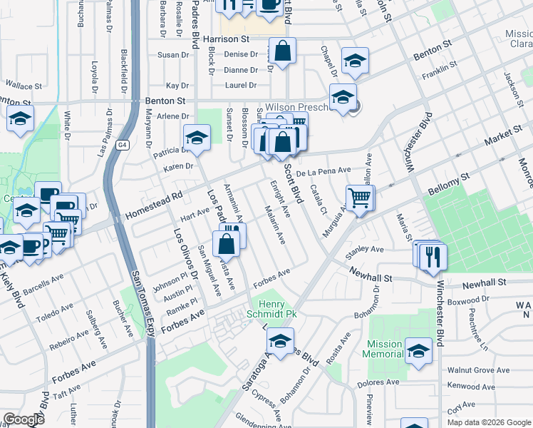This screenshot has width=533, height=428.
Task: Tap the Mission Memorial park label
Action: [x=383, y=349]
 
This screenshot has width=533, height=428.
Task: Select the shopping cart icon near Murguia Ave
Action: [x=360, y=197]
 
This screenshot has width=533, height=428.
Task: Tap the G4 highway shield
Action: [x=123, y=146]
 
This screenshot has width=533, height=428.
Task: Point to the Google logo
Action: [x=23, y=419]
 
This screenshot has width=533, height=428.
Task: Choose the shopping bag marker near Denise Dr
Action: [x=283, y=51]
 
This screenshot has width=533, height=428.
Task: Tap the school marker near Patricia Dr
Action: [x=197, y=137]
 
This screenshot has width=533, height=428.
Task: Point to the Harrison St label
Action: [x=226, y=40]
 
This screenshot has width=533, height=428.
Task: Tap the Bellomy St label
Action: [x=450, y=185]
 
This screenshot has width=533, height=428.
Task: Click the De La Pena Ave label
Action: [x=324, y=171]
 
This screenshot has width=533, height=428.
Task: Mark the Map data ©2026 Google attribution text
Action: [x=488, y=422]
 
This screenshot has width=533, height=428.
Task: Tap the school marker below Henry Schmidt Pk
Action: [x=282, y=340]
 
